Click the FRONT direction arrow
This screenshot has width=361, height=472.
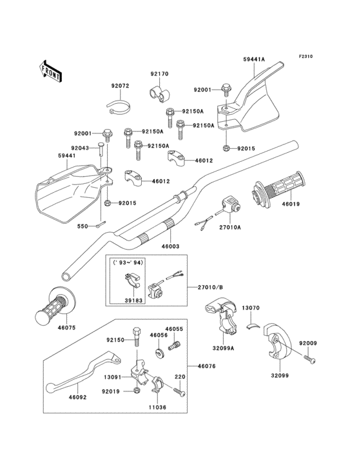(x=50, y=72)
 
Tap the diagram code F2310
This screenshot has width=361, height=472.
(x=306, y=56)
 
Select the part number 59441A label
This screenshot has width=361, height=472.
(x=254, y=59)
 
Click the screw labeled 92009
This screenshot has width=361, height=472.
(x=310, y=359)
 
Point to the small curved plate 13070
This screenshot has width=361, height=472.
(x=253, y=326)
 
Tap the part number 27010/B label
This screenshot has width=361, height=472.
(x=210, y=287)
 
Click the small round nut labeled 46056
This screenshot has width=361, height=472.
(x=159, y=353)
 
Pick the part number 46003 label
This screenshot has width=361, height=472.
(x=170, y=246)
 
